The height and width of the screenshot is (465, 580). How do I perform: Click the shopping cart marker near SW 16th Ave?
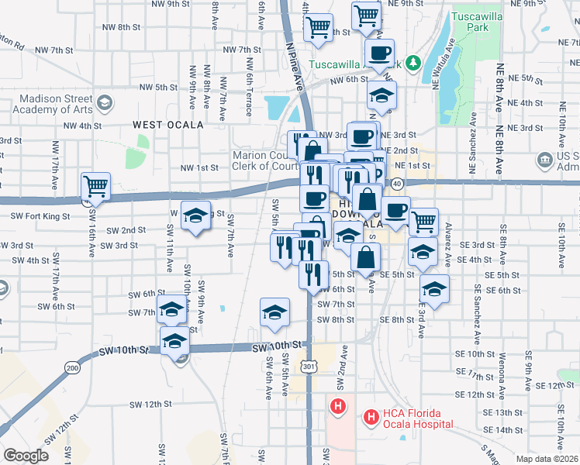[x=95, y=186]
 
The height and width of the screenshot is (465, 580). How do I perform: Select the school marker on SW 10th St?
[x=175, y=341]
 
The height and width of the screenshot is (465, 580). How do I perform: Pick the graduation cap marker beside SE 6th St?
[x=434, y=290]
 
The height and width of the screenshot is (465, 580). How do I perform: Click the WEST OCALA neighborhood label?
[x=167, y=124]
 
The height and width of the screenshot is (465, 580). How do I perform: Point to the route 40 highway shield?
[x=396, y=184]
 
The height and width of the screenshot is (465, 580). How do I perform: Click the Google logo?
[x=26, y=456]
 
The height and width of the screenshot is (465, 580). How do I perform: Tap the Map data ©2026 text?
[x=547, y=459]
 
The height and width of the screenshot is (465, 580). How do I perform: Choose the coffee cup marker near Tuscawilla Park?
[x=379, y=53]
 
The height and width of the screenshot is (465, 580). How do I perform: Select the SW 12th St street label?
[x=150, y=404]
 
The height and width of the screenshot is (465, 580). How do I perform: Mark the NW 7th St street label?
[x=242, y=50]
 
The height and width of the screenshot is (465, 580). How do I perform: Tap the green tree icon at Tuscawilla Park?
[x=413, y=63]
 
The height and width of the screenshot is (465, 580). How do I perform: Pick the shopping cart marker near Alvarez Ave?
[x=423, y=222]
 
